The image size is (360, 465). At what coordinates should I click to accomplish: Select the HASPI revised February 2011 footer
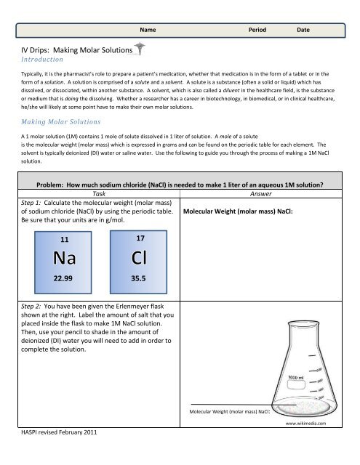pyautogui.click(x=57, y=453)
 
